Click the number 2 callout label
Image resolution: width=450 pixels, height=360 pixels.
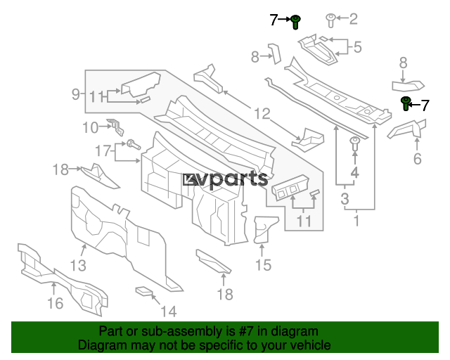[x=353, y=19]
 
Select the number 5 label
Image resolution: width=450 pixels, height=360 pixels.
[x=357, y=48]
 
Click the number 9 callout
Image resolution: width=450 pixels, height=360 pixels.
[x=76, y=94]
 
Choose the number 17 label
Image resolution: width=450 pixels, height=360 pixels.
[x=103, y=150]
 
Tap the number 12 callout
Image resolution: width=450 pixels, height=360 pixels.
[x=262, y=112]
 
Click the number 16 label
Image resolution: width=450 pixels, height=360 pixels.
[x=55, y=303]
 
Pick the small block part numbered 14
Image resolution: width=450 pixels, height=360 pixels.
[x=144, y=290]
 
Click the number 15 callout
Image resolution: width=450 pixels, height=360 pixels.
[x=263, y=265]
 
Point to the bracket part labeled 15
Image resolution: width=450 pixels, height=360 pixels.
[x=264, y=228]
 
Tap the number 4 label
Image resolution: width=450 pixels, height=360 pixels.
[x=355, y=171]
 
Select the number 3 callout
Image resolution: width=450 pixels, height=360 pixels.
[x=345, y=199]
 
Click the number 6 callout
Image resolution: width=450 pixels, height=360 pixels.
[x=417, y=160]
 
